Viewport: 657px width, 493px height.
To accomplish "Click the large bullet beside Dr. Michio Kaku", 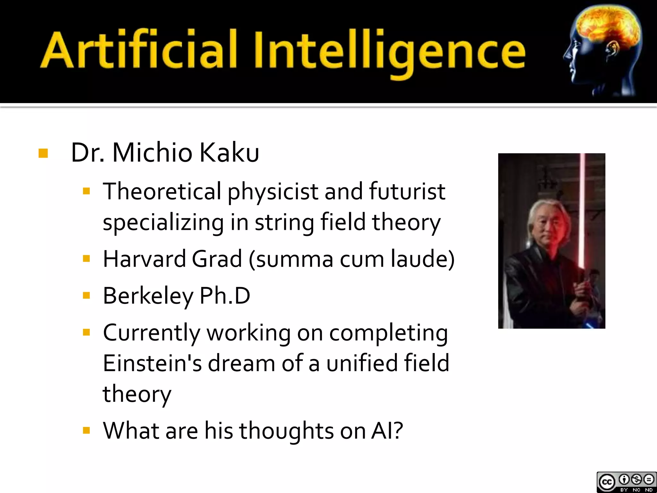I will tap(43, 153).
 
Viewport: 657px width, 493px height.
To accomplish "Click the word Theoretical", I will tap(162, 192).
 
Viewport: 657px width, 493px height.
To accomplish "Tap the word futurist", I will tap(407, 192).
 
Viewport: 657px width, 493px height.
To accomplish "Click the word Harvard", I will tap(144, 259).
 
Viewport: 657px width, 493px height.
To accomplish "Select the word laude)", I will tap(422, 259).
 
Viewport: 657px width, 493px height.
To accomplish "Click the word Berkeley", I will tap(148, 296).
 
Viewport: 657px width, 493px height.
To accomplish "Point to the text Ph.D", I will tap(225, 296).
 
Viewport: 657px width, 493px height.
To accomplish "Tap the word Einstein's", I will tap(152, 363).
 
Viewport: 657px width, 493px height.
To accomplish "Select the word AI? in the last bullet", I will tap(387, 431).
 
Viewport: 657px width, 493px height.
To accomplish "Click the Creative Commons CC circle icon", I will tap(606, 482).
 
